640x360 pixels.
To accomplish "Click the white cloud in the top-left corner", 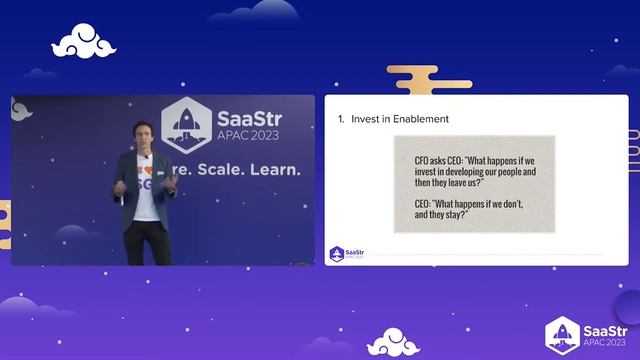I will click(85, 41).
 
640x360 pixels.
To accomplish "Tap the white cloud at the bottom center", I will click(392, 343).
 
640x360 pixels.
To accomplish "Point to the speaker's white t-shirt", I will click(148, 185).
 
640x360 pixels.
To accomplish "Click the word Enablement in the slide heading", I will click(419, 119).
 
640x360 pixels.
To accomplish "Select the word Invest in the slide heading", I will click(365, 119).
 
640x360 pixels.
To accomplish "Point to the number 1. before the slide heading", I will click(341, 119).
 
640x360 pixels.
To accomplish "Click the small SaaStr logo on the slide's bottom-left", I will click(347, 253).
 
